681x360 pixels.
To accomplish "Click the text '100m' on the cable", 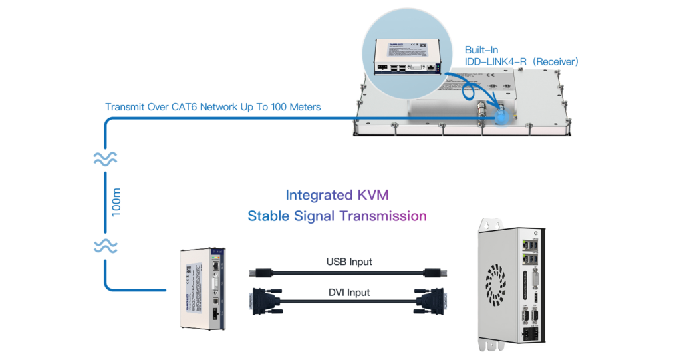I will tap(117, 202).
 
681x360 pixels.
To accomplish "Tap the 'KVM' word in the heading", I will tap(373, 195).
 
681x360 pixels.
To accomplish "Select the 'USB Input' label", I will tap(349, 262).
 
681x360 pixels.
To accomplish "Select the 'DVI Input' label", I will tap(348, 292).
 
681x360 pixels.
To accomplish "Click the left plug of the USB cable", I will tap(261, 272).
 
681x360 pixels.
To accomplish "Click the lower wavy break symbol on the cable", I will tap(105, 247).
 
